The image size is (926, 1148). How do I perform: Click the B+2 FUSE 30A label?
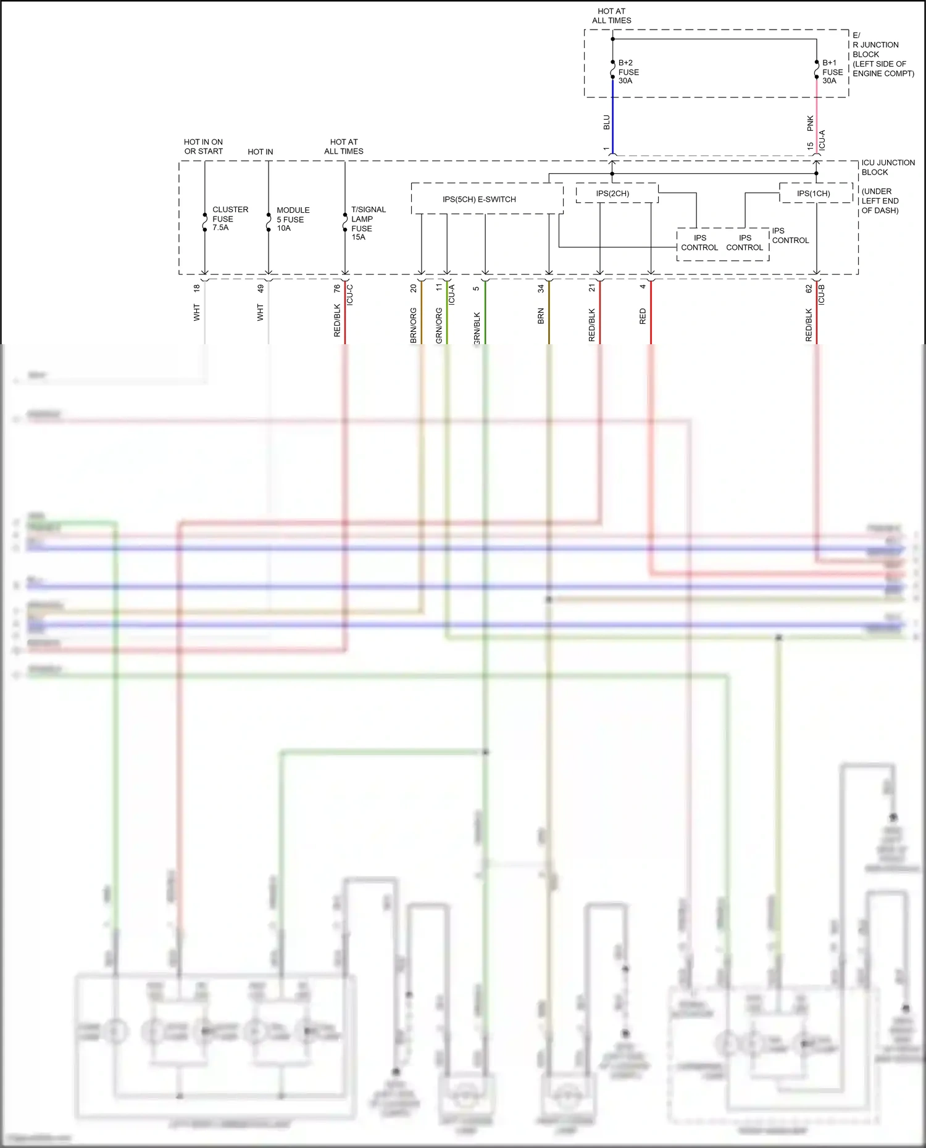(628, 72)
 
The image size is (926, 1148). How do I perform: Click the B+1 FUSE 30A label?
(832, 72)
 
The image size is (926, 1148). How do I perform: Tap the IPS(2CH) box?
(612, 193)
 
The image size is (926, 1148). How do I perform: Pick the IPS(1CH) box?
(813, 193)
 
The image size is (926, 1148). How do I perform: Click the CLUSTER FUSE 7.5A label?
(229, 218)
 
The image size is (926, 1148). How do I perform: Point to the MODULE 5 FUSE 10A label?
(292, 219)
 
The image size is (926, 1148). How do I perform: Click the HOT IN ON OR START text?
(203, 146)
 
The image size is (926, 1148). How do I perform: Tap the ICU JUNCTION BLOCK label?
(888, 167)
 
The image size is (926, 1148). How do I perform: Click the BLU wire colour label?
(606, 122)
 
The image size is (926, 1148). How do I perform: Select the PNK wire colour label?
(810, 123)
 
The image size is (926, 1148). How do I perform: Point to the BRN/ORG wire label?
(413, 325)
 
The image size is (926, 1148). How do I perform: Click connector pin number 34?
(541, 288)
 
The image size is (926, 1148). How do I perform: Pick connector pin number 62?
(809, 288)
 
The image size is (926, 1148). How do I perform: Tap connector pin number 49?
(261, 288)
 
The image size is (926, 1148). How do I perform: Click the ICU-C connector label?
(349, 295)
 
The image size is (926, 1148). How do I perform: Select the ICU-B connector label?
(821, 295)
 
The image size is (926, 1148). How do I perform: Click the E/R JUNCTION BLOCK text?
(882, 54)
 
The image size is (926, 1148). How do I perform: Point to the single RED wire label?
(643, 316)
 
